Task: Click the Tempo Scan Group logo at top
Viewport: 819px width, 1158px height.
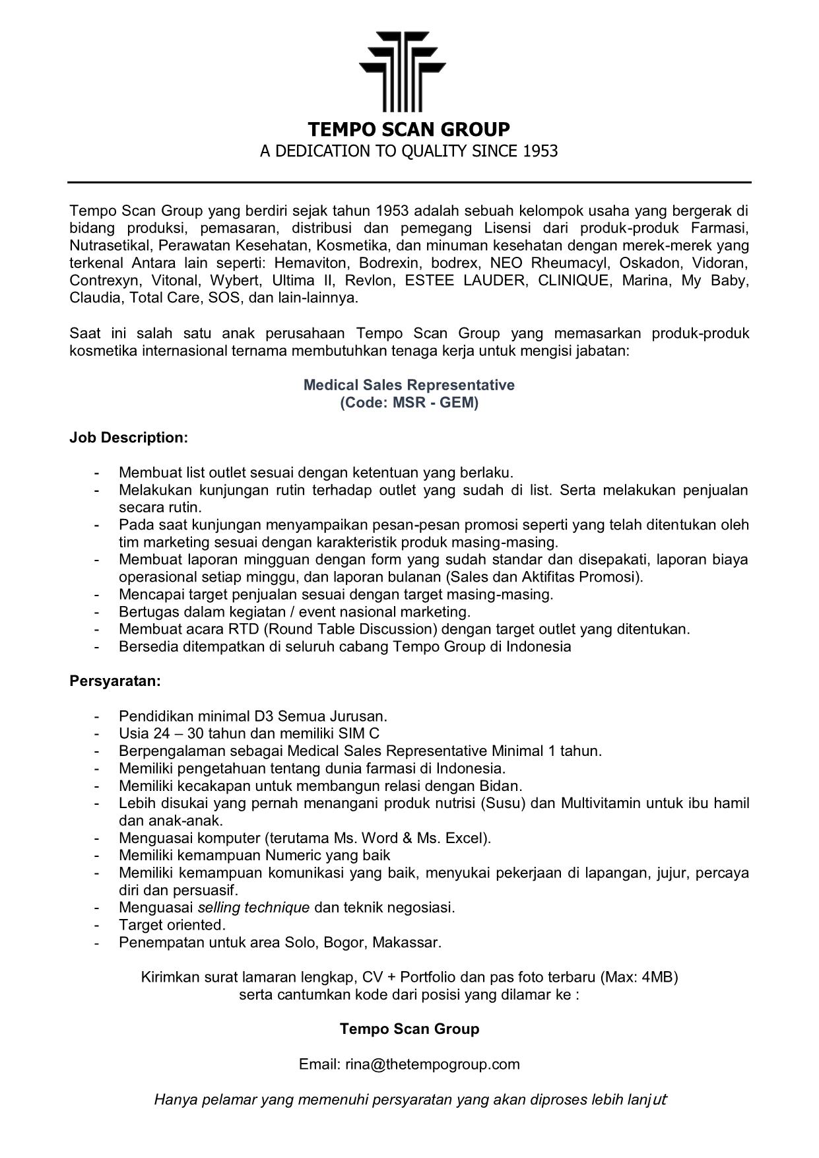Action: (403, 71)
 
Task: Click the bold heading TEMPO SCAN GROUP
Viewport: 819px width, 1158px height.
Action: (409, 129)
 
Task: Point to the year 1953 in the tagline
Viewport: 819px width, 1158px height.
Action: (541, 151)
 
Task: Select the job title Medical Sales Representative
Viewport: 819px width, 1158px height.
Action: (409, 385)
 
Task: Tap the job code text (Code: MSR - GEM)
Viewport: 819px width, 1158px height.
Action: (409, 402)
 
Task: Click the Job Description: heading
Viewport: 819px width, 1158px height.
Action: (129, 438)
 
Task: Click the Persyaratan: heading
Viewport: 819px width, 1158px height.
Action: (115, 681)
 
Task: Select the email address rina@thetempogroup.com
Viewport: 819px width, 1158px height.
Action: (432, 1064)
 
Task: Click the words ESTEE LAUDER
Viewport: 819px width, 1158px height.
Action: (466, 281)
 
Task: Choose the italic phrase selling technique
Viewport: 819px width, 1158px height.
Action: (253, 907)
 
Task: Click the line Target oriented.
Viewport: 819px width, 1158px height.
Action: (172, 924)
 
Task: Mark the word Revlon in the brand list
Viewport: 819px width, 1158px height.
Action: (370, 281)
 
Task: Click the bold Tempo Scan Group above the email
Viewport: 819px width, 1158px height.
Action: (409, 1029)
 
